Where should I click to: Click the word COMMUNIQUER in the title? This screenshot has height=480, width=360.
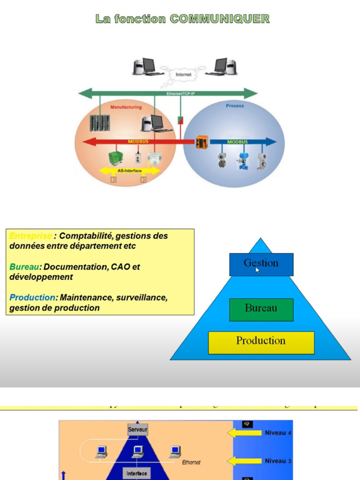click(x=219, y=19)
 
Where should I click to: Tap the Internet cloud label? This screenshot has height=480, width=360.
click(x=183, y=75)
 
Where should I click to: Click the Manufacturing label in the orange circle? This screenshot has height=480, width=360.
click(x=126, y=107)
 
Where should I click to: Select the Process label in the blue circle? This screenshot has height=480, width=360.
click(x=235, y=106)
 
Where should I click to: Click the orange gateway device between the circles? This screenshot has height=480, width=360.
click(x=202, y=142)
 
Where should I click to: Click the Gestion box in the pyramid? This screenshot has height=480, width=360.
click(x=261, y=264)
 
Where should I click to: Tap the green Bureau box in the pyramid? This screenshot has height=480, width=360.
click(x=261, y=309)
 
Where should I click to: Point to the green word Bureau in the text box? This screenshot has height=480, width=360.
click(x=24, y=267)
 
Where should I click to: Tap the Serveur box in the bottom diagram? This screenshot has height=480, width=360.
click(x=137, y=429)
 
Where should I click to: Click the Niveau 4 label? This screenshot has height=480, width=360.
click(x=278, y=433)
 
